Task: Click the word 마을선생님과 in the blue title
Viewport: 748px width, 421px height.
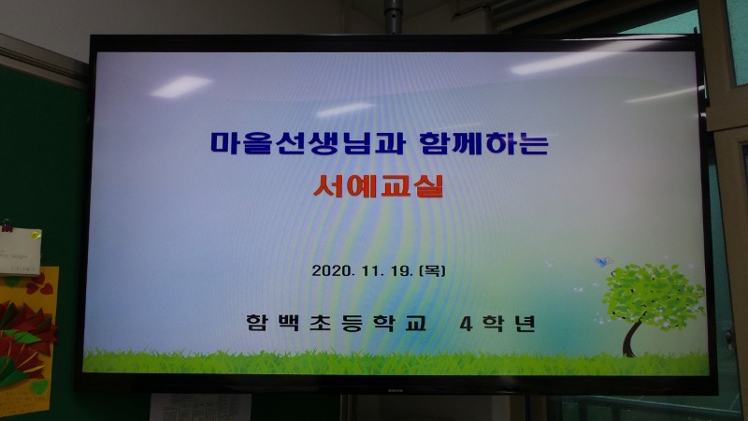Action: coord(308,143)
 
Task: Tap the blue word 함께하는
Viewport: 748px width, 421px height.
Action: coord(483,143)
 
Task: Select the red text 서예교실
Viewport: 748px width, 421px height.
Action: coord(379,186)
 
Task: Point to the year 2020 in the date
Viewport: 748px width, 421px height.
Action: coord(333,270)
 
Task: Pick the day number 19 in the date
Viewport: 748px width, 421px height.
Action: coord(401,270)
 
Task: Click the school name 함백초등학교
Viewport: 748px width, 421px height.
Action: coord(336,323)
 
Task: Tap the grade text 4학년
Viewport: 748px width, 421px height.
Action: coord(497,323)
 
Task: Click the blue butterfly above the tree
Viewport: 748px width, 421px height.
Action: coord(603,262)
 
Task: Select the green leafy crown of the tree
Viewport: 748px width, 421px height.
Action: coord(653,296)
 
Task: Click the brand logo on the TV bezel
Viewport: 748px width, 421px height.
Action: coord(395,389)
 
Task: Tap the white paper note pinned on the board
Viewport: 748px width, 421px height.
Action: coord(20,252)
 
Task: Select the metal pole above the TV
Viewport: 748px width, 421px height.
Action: coord(393,17)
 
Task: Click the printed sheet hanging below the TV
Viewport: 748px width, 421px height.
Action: coord(201,407)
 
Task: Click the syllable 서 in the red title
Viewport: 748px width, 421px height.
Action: coord(328,186)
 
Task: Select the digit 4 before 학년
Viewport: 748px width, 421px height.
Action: coord(466,324)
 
